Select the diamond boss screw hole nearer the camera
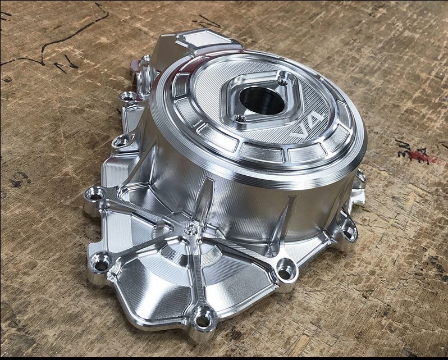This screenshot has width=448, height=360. pyautogui.click(x=240, y=119)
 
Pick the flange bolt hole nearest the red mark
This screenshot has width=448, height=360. pyautogui.click(x=348, y=231)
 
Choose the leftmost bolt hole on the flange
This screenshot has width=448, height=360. pyautogui.click(x=94, y=196)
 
